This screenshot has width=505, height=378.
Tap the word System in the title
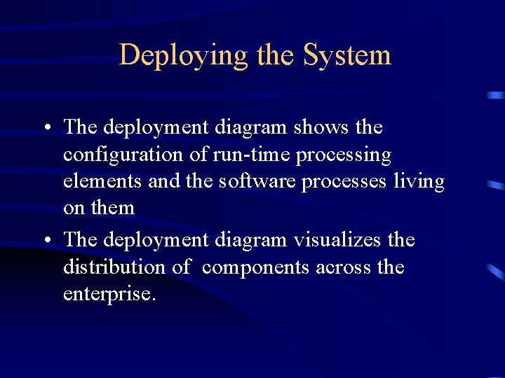(x=347, y=55)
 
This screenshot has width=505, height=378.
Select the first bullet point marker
(x=46, y=128)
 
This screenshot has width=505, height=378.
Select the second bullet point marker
(x=46, y=241)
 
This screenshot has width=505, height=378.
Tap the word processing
(x=344, y=155)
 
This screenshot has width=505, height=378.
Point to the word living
(x=419, y=182)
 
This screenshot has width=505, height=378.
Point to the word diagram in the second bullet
(x=250, y=240)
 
